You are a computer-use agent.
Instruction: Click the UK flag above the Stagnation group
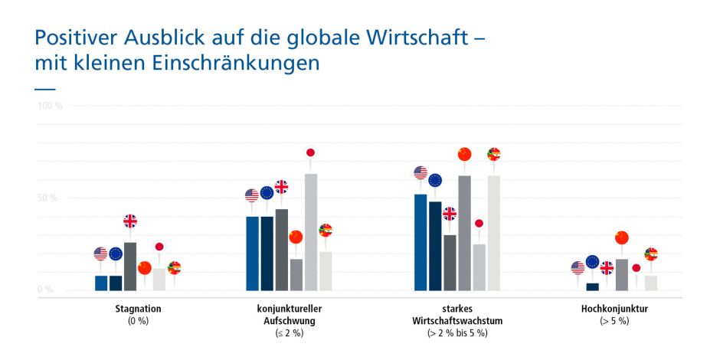(130, 221)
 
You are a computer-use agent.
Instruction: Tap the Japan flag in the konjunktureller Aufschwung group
(310, 152)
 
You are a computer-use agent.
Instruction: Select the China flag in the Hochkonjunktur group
(621, 237)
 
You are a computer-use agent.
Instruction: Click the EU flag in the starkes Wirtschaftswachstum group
(435, 180)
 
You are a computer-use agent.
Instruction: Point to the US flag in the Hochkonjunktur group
(578, 267)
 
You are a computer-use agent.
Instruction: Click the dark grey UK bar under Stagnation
(130, 267)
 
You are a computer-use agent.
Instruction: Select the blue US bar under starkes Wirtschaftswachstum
(421, 242)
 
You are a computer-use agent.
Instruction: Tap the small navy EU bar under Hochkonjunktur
(592, 286)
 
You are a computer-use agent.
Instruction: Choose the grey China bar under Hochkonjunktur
(621, 275)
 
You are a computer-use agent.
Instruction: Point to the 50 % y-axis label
(47, 198)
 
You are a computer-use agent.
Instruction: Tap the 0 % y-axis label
(46, 290)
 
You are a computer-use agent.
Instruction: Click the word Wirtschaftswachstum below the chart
(457, 321)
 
